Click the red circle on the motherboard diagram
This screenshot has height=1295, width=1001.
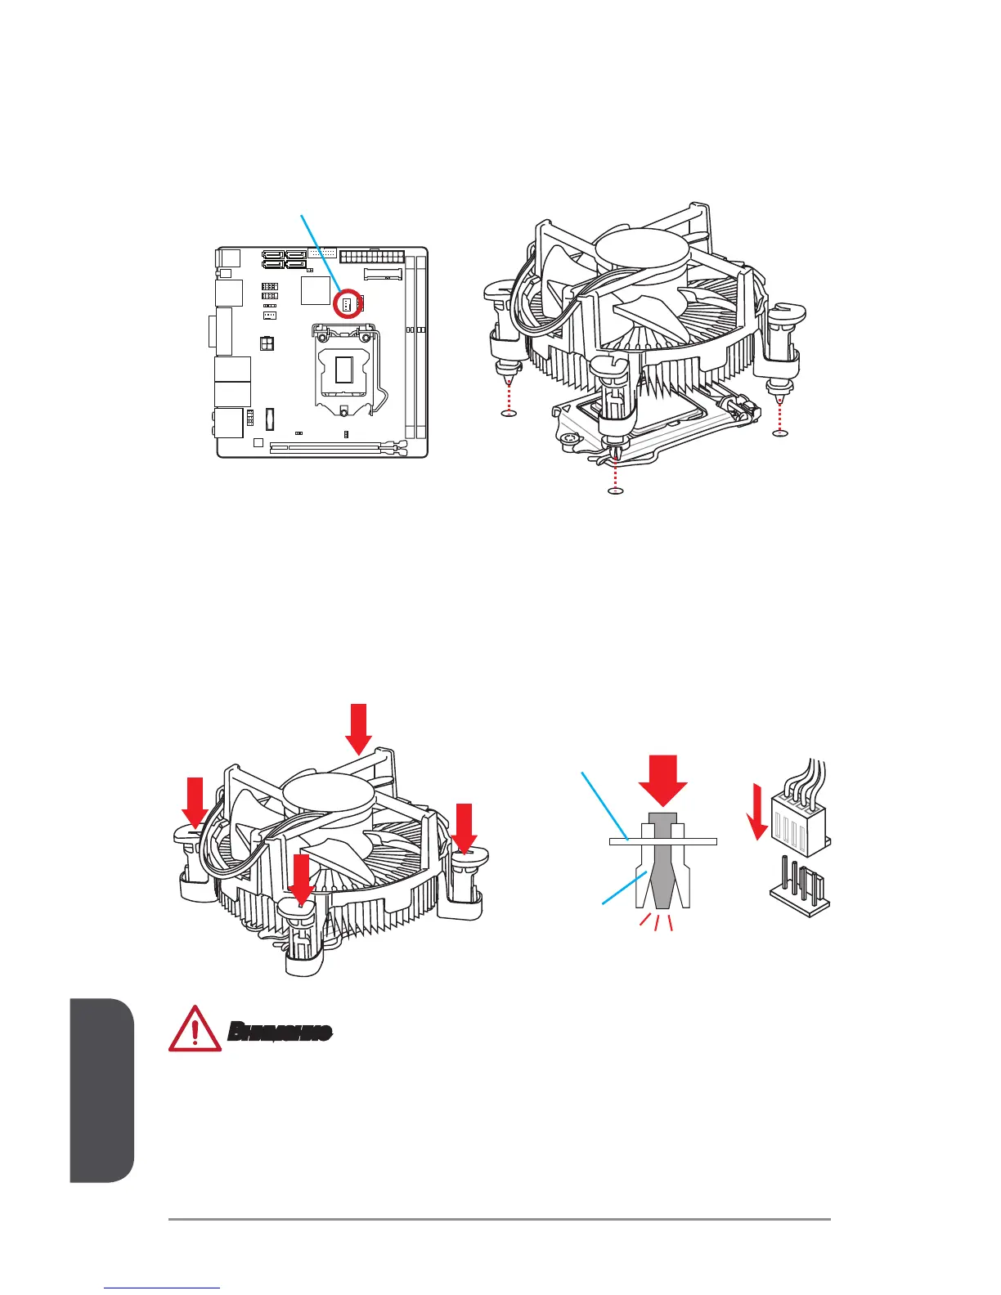pos(348,303)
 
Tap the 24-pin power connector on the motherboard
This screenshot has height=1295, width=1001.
pos(370,257)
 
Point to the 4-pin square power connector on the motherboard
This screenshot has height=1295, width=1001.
pos(266,343)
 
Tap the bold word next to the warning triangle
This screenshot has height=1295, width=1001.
pos(279,1032)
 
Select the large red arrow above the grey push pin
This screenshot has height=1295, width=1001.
pos(663,781)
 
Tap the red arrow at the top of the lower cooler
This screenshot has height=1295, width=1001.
pos(359,728)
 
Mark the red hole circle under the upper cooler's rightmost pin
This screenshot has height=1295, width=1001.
pos(779,433)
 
